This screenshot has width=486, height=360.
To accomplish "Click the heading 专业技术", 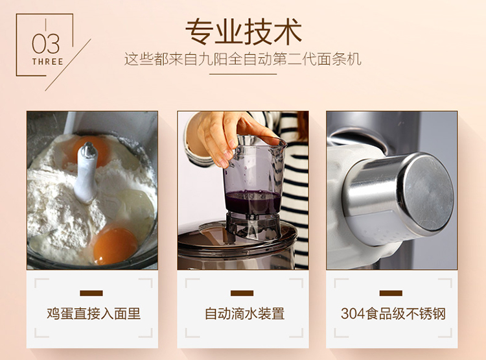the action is click(x=243, y=32).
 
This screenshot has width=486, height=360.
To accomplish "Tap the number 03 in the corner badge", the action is click(x=45, y=43).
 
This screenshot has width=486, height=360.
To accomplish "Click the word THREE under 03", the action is click(x=47, y=62).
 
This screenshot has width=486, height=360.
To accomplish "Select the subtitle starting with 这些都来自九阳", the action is click(x=243, y=59).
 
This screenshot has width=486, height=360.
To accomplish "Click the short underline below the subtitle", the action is click(x=243, y=74).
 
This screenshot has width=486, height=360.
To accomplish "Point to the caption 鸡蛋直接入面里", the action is click(x=93, y=313).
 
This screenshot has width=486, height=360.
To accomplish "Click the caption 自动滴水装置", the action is click(x=244, y=313).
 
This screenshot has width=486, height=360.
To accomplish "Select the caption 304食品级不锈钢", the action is click(x=393, y=313).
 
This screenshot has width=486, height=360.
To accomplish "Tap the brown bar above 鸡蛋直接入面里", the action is click(x=91, y=293).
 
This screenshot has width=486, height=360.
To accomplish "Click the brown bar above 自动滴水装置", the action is click(x=242, y=293).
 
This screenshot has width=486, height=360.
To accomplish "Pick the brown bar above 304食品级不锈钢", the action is click(x=391, y=293).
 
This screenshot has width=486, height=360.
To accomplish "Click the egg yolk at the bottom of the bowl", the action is click(x=115, y=245).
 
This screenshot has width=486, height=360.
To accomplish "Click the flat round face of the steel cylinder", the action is click(x=429, y=193).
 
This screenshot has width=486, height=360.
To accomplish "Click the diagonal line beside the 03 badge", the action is click(x=68, y=65).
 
